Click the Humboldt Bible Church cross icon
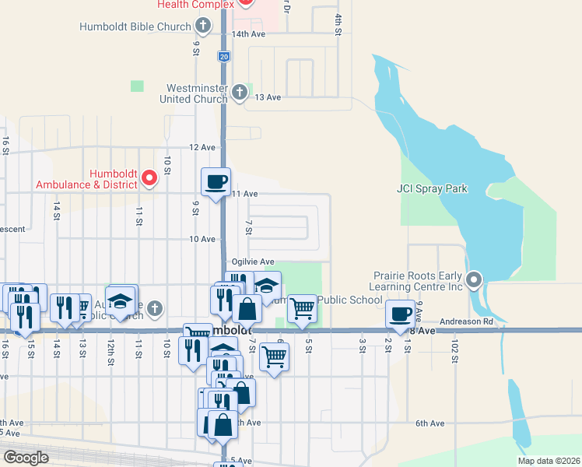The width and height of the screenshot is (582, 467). click(x=203, y=26)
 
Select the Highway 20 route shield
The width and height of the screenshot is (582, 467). click(x=224, y=57)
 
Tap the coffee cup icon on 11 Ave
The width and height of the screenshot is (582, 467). click(x=216, y=182)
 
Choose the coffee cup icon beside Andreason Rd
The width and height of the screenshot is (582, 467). click(x=400, y=314)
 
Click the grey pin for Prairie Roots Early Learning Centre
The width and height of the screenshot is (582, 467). click(x=475, y=279)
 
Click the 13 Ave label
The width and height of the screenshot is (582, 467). click(x=267, y=97)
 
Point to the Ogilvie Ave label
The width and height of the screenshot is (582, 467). click(x=253, y=262)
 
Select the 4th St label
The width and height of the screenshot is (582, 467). click(x=338, y=24)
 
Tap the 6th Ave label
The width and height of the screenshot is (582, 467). click(x=429, y=423)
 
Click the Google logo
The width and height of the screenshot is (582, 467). click(x=26, y=457)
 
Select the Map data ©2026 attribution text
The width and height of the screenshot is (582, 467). click(x=548, y=461)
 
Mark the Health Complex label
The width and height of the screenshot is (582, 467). click(x=195, y=5)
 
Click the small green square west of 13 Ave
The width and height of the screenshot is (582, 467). click(x=138, y=86)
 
